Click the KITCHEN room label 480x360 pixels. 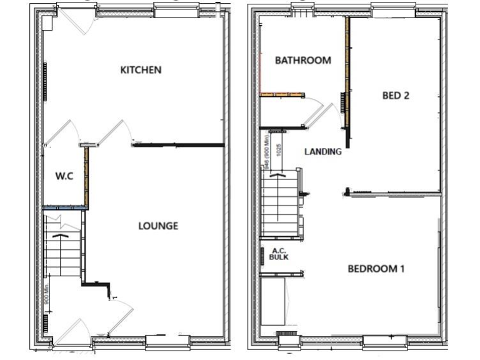[141, 70]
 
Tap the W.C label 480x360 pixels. [64, 176]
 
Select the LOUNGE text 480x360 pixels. [157, 226]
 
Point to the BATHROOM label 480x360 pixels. [303, 61]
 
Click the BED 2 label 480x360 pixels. [396, 96]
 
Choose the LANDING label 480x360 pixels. [322, 151]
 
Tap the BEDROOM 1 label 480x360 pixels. [376, 269]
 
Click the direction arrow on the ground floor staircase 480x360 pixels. [61, 236]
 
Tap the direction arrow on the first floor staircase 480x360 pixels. [277, 176]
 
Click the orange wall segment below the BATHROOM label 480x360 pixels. [282, 95]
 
